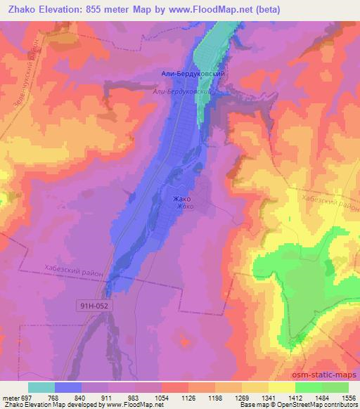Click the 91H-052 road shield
[x=94, y=306]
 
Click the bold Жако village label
[x=181, y=199]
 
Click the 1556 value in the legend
[x=347, y=397]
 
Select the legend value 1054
[x=161, y=397]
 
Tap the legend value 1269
[x=241, y=397]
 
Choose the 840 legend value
[x=82, y=397]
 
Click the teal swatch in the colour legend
[x=41, y=387]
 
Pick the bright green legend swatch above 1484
[x=309, y=387]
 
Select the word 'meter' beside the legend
[x=10, y=397]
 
